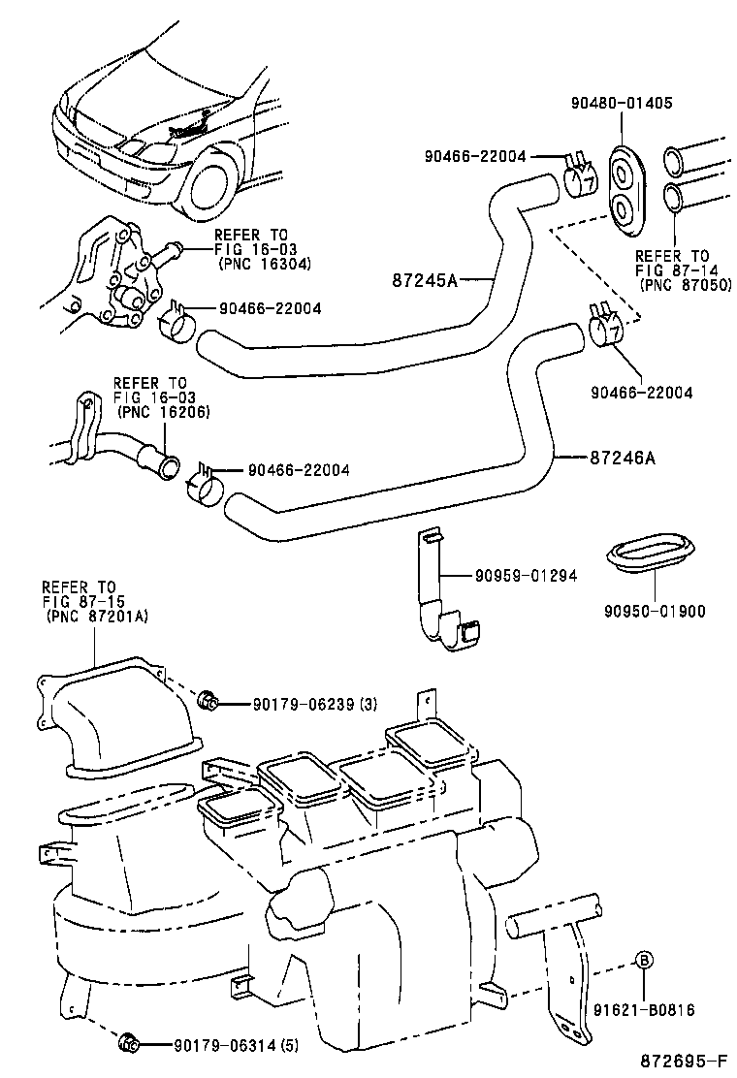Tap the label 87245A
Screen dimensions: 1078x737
(x=426, y=280)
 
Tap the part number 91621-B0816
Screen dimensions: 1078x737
(x=644, y=1010)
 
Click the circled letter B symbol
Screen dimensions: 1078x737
(x=644, y=961)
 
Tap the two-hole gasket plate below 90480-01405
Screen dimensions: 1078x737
(x=622, y=190)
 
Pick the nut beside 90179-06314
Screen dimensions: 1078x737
(x=128, y=1043)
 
